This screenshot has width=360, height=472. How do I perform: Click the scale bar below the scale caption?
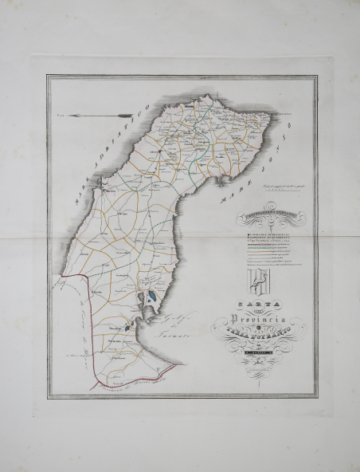pyautogui.click(x=281, y=191)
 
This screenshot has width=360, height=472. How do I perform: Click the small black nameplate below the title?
pyautogui.click(x=260, y=348)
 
